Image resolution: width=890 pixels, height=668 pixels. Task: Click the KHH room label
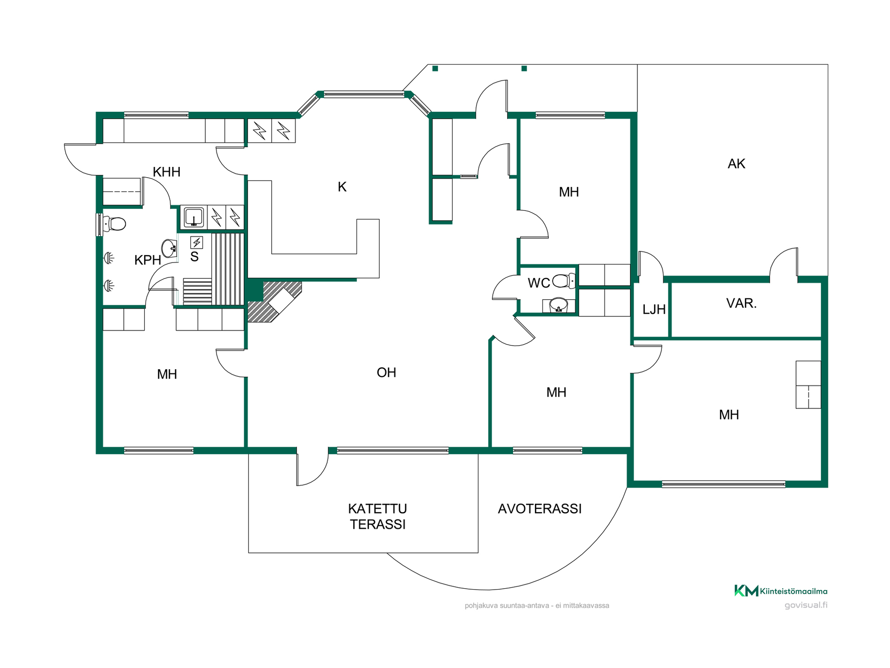(x=166, y=172)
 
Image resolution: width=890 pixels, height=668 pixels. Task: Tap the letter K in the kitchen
(x=342, y=187)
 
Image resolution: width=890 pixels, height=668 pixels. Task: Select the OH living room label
(x=386, y=373)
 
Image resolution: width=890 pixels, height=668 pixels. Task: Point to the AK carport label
(x=736, y=164)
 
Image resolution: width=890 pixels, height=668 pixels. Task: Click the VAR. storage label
(x=741, y=303)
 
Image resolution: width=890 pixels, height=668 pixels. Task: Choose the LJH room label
(x=654, y=309)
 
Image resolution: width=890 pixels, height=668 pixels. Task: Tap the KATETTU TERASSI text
(x=378, y=516)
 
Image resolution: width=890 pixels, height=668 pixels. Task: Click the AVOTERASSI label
(x=540, y=509)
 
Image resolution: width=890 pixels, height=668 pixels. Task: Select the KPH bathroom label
(x=147, y=260)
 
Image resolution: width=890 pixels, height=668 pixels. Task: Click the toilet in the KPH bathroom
(x=114, y=224)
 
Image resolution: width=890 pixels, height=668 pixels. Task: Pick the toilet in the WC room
(x=564, y=281)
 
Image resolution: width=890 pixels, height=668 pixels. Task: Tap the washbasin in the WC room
(x=559, y=305)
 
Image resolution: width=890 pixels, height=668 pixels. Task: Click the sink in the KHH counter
(x=194, y=217)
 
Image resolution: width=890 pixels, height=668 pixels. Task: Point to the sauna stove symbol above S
(x=197, y=243)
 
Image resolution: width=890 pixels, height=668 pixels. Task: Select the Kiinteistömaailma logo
(x=781, y=591)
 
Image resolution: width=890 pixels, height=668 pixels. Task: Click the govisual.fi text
(x=806, y=605)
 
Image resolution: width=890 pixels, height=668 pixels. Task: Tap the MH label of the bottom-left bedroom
(x=167, y=374)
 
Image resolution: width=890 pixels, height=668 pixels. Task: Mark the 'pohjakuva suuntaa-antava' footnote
(x=537, y=605)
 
